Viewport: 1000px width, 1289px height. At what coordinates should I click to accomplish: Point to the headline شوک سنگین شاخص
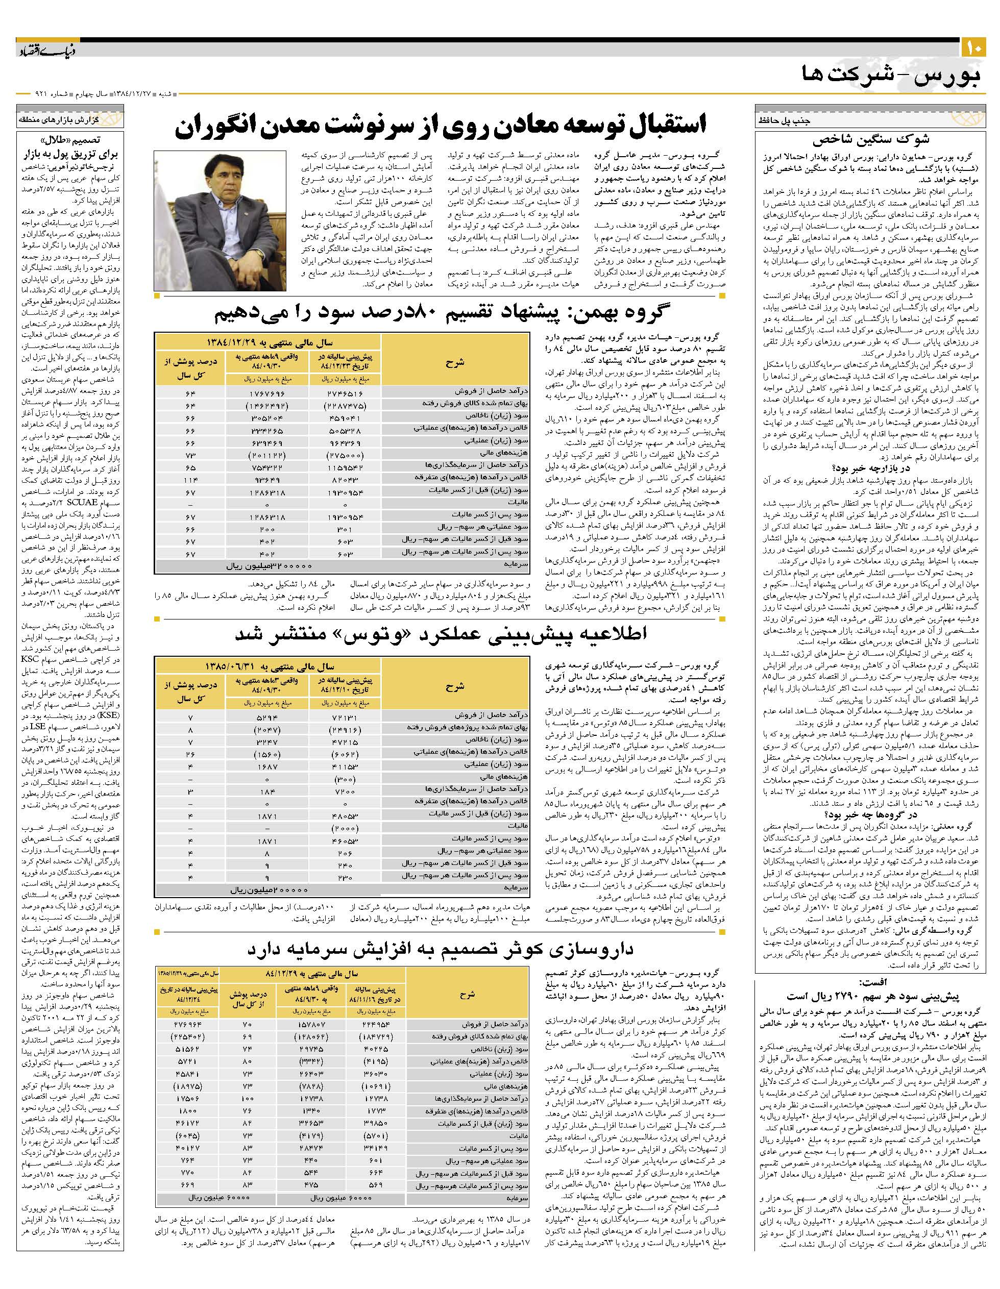click(x=871, y=140)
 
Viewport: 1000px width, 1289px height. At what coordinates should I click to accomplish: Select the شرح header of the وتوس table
click(x=454, y=686)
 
